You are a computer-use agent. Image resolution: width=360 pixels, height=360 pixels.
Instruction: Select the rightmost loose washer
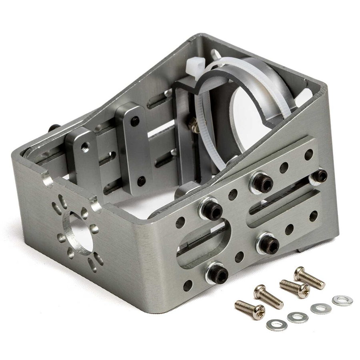pos(342,300)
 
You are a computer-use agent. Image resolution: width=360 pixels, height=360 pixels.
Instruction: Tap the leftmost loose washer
pos(276,325)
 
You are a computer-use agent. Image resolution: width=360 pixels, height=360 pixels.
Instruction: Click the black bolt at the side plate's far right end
pos(320,176)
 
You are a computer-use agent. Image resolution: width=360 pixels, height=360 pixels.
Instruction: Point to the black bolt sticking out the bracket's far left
pos(54,128)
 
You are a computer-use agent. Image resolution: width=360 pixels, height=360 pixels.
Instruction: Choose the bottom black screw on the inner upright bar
pos(141,181)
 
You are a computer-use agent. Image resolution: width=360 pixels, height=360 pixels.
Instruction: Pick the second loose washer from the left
pos(298,318)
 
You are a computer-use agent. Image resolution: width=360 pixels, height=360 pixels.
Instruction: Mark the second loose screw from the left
pos(268,296)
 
